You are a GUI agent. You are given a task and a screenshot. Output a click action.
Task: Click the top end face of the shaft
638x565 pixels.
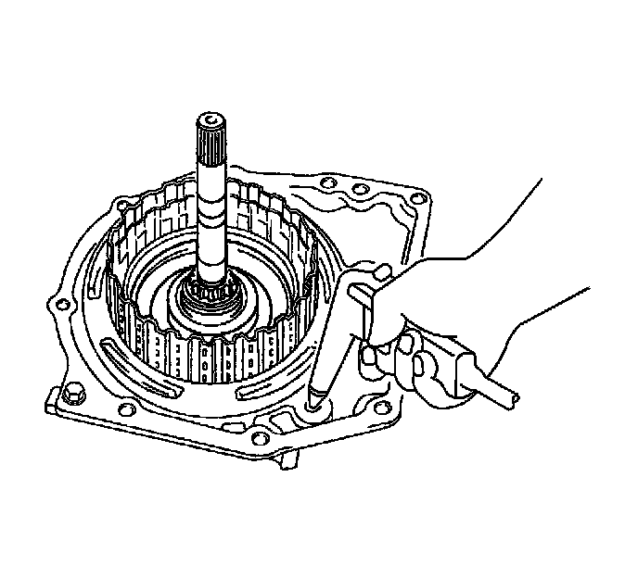(212, 120)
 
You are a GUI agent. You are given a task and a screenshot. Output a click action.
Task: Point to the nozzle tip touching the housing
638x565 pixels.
(315, 401)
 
